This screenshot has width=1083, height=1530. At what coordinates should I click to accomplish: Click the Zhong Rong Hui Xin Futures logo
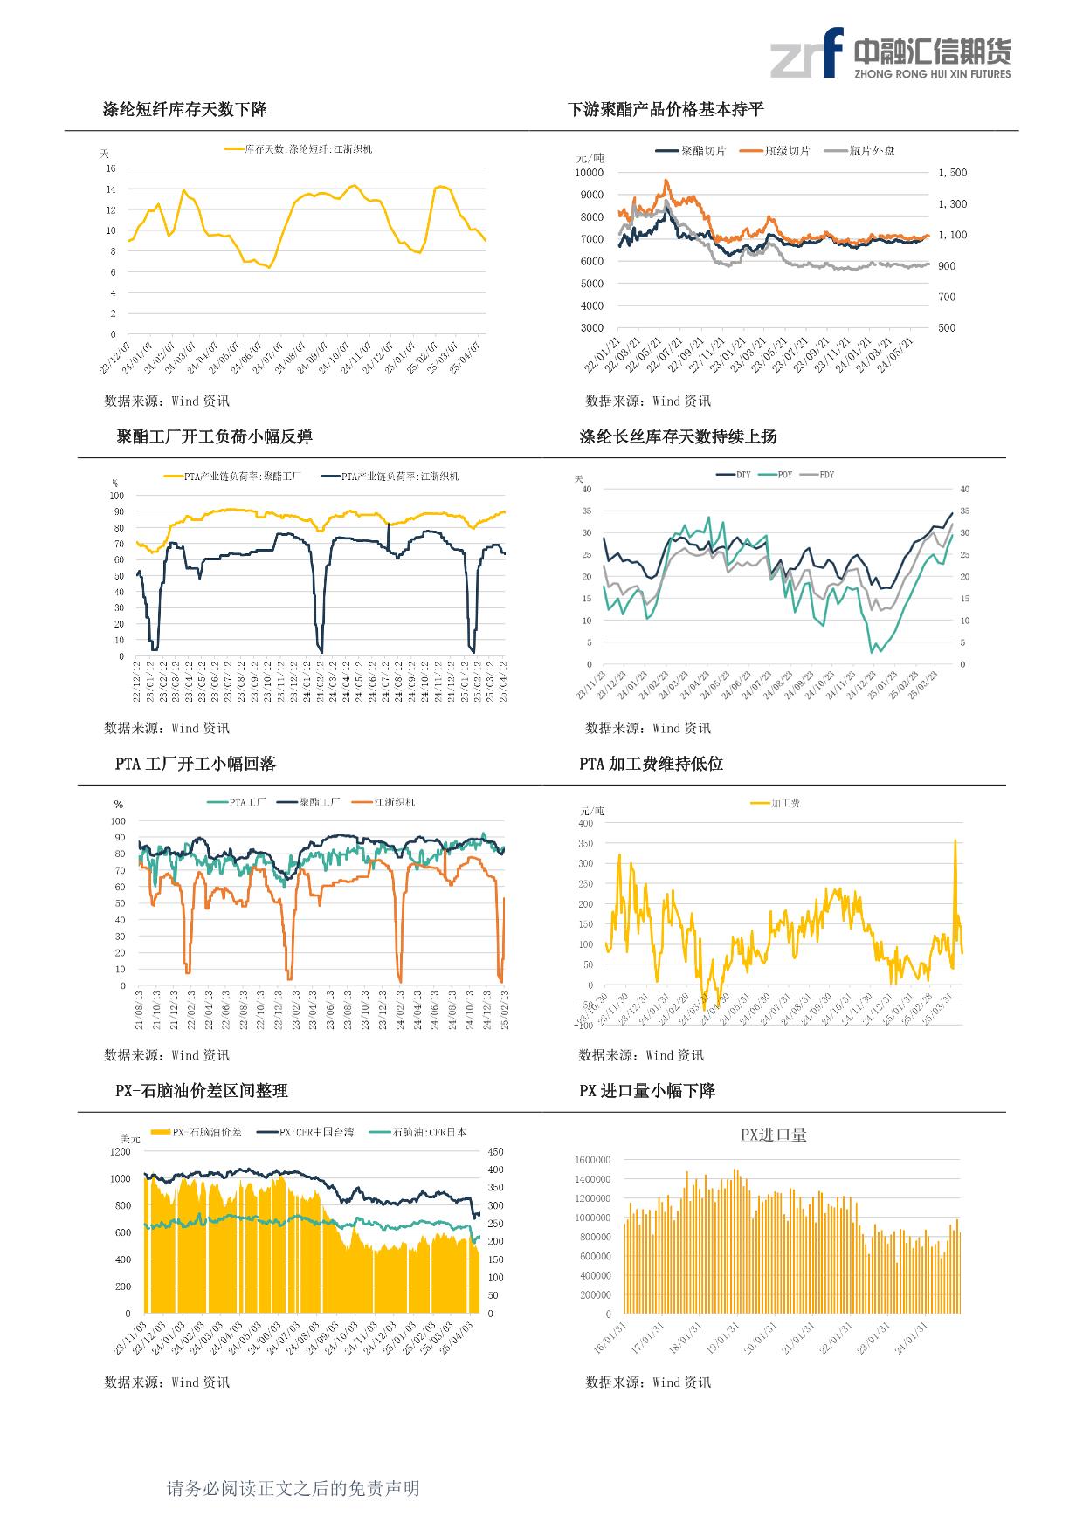[889, 52]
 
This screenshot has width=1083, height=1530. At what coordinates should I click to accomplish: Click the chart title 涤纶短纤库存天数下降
[184, 110]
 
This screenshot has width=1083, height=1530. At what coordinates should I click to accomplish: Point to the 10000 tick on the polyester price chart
[590, 173]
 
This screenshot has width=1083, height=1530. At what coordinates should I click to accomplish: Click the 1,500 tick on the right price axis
[952, 173]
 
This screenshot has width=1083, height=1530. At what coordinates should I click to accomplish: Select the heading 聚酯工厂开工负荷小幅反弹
[214, 437]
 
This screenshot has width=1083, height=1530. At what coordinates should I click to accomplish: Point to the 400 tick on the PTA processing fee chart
[585, 823]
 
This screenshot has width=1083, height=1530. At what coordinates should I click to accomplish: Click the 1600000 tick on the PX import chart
[592, 1160]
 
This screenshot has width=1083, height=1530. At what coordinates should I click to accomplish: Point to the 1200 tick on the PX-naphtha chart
[120, 1152]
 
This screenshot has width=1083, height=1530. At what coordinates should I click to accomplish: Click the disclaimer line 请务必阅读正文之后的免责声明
[293, 1488]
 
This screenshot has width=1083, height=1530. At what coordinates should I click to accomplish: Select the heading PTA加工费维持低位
[651, 764]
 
